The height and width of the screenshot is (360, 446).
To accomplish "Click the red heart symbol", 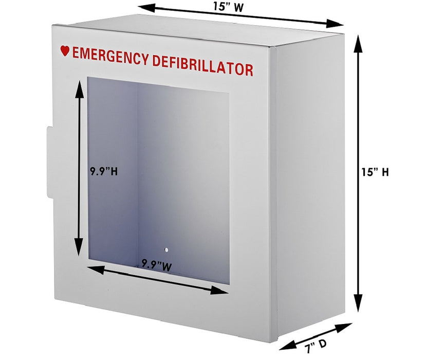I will tap(65, 51).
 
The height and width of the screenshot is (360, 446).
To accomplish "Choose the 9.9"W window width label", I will tap(157, 264).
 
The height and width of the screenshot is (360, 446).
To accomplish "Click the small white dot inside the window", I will tap(166, 250).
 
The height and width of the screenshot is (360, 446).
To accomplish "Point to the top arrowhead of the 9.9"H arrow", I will tap(79, 87).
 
